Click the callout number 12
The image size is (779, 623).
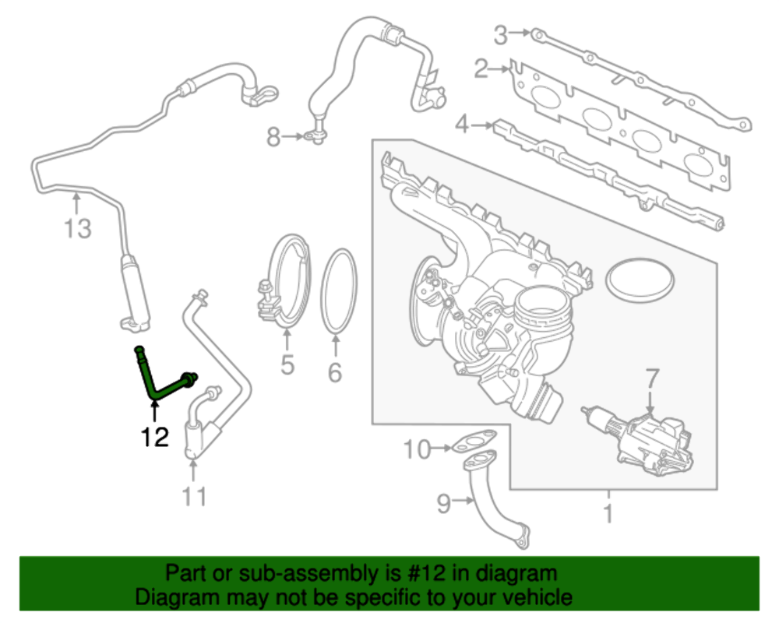[x=155, y=438]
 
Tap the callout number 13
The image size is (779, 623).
[x=77, y=229]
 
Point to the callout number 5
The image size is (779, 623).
[x=287, y=364]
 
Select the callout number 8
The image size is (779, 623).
[x=273, y=138]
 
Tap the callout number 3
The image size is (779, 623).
[x=501, y=35]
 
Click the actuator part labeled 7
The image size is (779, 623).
[x=647, y=440]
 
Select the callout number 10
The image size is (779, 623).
[x=418, y=449]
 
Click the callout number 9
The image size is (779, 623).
[x=443, y=504]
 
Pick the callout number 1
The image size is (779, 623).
[x=608, y=514]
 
